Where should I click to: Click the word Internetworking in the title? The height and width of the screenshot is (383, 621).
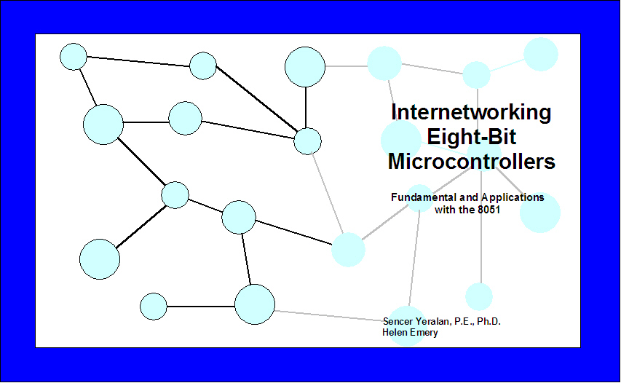[471, 112]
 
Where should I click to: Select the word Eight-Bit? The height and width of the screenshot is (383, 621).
[471, 138]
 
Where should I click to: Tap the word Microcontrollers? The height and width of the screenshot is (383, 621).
[471, 162]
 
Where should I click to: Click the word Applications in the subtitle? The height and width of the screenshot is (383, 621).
[513, 197]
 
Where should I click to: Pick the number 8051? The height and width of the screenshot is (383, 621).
[489, 210]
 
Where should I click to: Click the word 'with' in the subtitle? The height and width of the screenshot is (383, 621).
[446, 210]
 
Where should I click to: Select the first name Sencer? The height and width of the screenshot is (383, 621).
[397, 321]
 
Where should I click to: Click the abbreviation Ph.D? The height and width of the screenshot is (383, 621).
[489, 321]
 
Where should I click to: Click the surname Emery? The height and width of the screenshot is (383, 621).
[424, 333]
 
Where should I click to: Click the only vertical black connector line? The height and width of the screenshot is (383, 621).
[305, 107]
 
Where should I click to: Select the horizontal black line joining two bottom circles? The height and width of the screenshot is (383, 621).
[201, 306]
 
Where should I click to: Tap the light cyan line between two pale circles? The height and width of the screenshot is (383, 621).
[507, 66]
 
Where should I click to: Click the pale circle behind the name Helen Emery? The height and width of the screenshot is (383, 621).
[407, 326]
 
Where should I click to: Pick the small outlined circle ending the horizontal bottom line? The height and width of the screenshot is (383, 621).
[154, 306]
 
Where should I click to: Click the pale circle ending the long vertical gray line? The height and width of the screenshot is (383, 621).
[479, 296]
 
